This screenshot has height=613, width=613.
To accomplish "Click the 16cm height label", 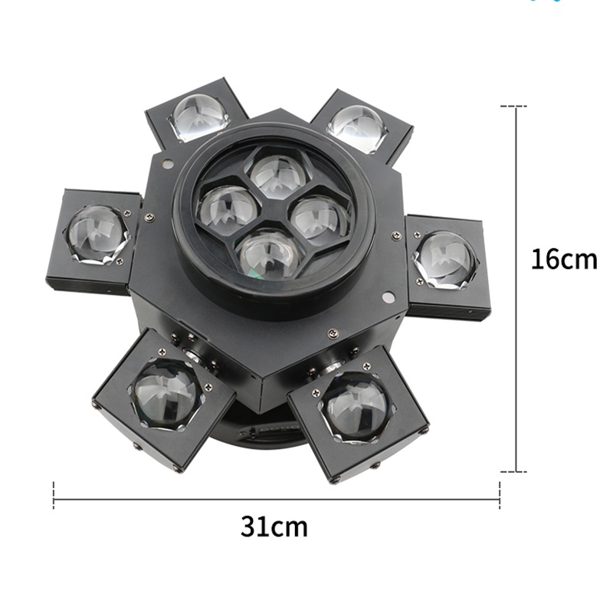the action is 564,259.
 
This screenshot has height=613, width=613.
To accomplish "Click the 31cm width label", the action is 274,526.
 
